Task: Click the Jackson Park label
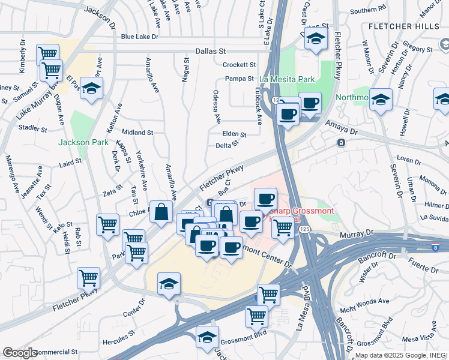click(x=83, y=142)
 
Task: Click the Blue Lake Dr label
click(x=139, y=37)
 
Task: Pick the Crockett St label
click(x=239, y=65)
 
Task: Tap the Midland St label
click(x=138, y=132)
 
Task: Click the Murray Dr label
click(x=357, y=231)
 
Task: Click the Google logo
click(x=19, y=352)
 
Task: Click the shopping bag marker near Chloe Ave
click(x=161, y=212)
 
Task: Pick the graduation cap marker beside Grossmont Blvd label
click(x=208, y=338)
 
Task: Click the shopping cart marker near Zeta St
click(x=107, y=225)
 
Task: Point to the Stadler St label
click(x=33, y=128)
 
